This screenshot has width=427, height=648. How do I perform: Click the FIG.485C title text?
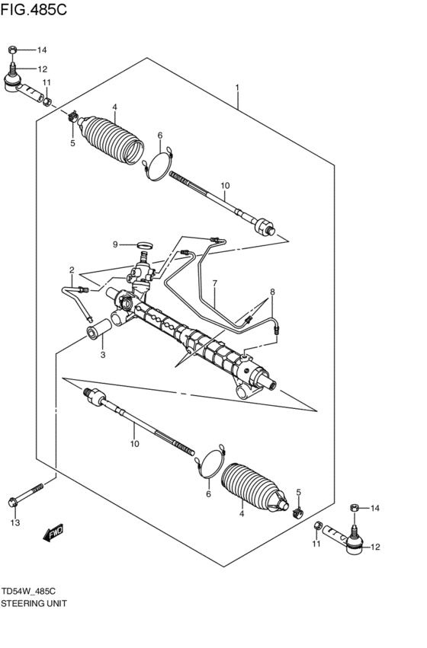tap(34, 11)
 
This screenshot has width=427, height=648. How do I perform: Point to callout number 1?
tap(238, 88)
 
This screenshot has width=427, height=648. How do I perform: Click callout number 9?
tap(115, 244)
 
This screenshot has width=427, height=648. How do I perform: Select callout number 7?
tap(215, 284)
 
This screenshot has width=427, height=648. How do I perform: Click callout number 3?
tap(103, 354)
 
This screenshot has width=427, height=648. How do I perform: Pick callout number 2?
tap(72, 270)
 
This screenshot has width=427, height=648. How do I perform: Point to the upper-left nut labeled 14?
tap(13, 50)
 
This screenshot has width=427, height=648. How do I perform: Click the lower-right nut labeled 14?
tap(353, 508)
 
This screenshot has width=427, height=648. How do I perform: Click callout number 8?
tap(271, 292)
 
